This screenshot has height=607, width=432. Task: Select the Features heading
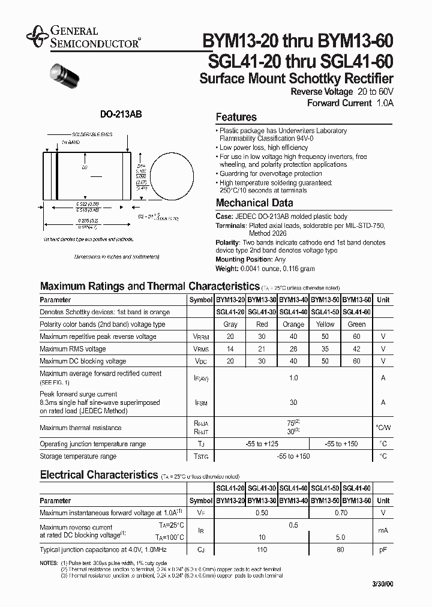236,118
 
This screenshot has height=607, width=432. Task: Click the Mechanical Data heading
254,203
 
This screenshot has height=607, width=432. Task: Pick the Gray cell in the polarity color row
230,324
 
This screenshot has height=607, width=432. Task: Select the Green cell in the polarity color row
356,324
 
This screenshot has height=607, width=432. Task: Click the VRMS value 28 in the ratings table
293,349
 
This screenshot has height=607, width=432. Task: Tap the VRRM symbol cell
200,337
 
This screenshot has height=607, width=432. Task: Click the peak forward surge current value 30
293,402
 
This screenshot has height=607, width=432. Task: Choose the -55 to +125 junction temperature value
262,444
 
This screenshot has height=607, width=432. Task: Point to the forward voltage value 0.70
341,513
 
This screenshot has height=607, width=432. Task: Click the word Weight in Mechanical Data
227,269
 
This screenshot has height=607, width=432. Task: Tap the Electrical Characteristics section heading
98,474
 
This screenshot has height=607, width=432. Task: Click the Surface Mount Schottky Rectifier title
296,79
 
